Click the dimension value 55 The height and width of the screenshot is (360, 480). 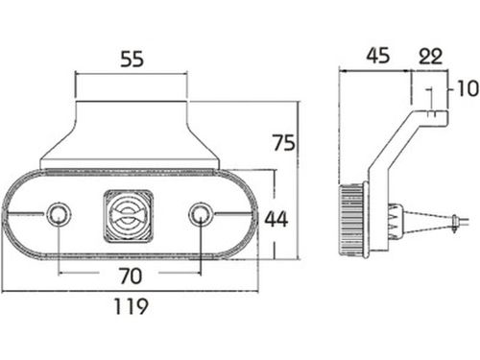(x=132, y=60)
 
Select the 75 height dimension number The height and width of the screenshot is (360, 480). (x=283, y=143)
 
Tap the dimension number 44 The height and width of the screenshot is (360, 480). (x=276, y=219)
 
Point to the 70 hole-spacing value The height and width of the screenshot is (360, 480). (x=130, y=276)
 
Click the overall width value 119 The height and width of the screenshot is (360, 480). (x=132, y=306)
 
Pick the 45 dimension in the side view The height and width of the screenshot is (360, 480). (x=378, y=56)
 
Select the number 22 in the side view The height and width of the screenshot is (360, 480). (x=431, y=56)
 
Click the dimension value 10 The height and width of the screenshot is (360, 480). (x=468, y=88)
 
